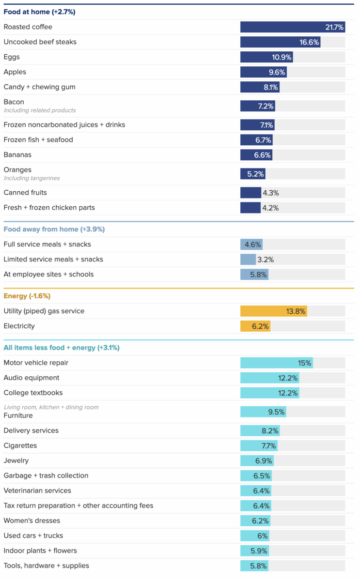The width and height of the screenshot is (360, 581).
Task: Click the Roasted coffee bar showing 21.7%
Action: (x=293, y=27)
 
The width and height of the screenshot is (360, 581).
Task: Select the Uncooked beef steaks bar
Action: (x=280, y=42)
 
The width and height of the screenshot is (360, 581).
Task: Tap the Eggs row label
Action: (x=12, y=57)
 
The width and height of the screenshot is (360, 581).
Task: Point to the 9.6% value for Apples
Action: (x=276, y=72)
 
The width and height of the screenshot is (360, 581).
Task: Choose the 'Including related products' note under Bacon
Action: (x=40, y=110)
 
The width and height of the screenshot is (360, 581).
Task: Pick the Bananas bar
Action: (x=256, y=155)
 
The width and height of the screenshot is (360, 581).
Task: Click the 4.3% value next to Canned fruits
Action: (x=270, y=193)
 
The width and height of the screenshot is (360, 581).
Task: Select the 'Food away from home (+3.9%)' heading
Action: (x=54, y=229)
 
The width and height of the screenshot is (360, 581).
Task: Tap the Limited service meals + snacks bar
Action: (x=248, y=260)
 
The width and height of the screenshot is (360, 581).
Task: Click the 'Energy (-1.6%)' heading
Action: (x=27, y=296)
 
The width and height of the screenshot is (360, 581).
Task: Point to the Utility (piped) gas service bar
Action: (x=274, y=311)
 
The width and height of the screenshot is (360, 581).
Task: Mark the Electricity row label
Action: (x=19, y=326)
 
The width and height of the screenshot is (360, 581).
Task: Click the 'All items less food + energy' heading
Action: (x=62, y=348)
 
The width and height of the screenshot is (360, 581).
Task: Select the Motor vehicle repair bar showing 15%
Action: (x=277, y=363)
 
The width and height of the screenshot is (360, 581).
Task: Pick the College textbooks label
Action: (x=33, y=393)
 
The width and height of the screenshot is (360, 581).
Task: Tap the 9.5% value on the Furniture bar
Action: (x=276, y=412)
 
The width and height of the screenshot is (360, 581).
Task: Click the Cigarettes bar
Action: (x=259, y=446)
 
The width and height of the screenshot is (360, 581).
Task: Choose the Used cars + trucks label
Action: (x=33, y=536)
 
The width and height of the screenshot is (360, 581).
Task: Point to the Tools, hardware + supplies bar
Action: (x=254, y=566)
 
